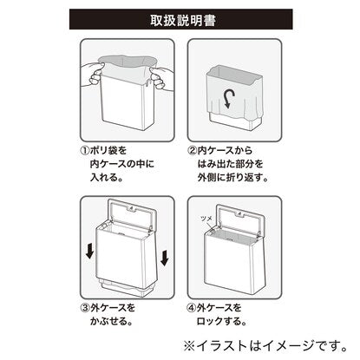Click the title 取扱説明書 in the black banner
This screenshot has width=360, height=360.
click(x=183, y=20)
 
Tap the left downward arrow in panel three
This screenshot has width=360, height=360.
click(x=90, y=251)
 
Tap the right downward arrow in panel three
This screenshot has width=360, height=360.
click(x=165, y=258)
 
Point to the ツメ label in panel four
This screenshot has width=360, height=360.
click(x=206, y=219)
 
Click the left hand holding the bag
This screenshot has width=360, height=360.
click(x=91, y=75)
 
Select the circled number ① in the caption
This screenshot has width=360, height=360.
click(x=84, y=151)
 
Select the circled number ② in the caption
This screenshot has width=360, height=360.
click(x=192, y=151)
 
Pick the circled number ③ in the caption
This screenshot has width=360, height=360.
click(x=85, y=308)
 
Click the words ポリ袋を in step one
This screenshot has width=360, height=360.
click(x=108, y=151)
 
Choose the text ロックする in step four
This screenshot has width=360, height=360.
click(x=219, y=321)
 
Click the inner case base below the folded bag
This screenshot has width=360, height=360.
click(x=232, y=121)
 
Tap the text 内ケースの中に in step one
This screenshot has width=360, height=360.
click(x=122, y=164)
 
